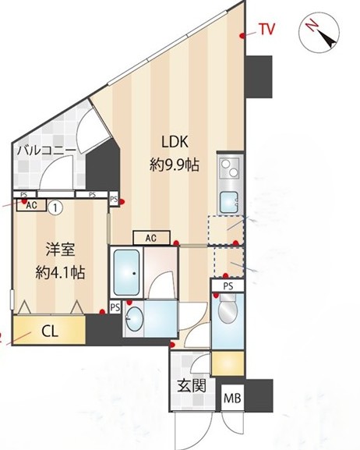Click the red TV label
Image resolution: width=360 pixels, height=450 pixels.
click(x=267, y=29)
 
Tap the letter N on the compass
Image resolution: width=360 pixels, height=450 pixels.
click(x=312, y=26)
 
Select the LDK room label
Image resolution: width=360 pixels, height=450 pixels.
click(x=175, y=141)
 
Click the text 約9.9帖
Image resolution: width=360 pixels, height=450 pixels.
click(x=175, y=165)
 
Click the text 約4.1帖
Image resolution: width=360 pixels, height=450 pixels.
click(x=60, y=273)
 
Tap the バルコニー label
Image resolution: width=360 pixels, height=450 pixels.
click(x=47, y=151)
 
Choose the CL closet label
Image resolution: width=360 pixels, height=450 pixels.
click(x=50, y=331)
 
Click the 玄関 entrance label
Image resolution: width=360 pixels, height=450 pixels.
click(x=192, y=385)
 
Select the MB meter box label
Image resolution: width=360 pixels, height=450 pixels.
click(x=232, y=399)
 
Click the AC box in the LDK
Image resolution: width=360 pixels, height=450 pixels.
click(x=151, y=238)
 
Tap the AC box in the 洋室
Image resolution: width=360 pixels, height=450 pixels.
click(x=31, y=205)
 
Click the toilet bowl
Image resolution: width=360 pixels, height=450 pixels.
click(x=228, y=309)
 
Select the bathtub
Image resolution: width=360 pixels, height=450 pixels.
click(x=126, y=272)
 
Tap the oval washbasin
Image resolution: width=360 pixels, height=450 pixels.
click(x=135, y=318)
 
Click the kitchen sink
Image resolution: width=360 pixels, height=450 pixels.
click(x=228, y=202)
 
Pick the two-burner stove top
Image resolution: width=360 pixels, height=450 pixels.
click(x=230, y=168)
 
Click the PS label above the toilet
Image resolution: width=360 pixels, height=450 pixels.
click(x=228, y=286)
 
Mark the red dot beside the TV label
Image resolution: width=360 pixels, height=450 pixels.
click(x=242, y=36)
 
